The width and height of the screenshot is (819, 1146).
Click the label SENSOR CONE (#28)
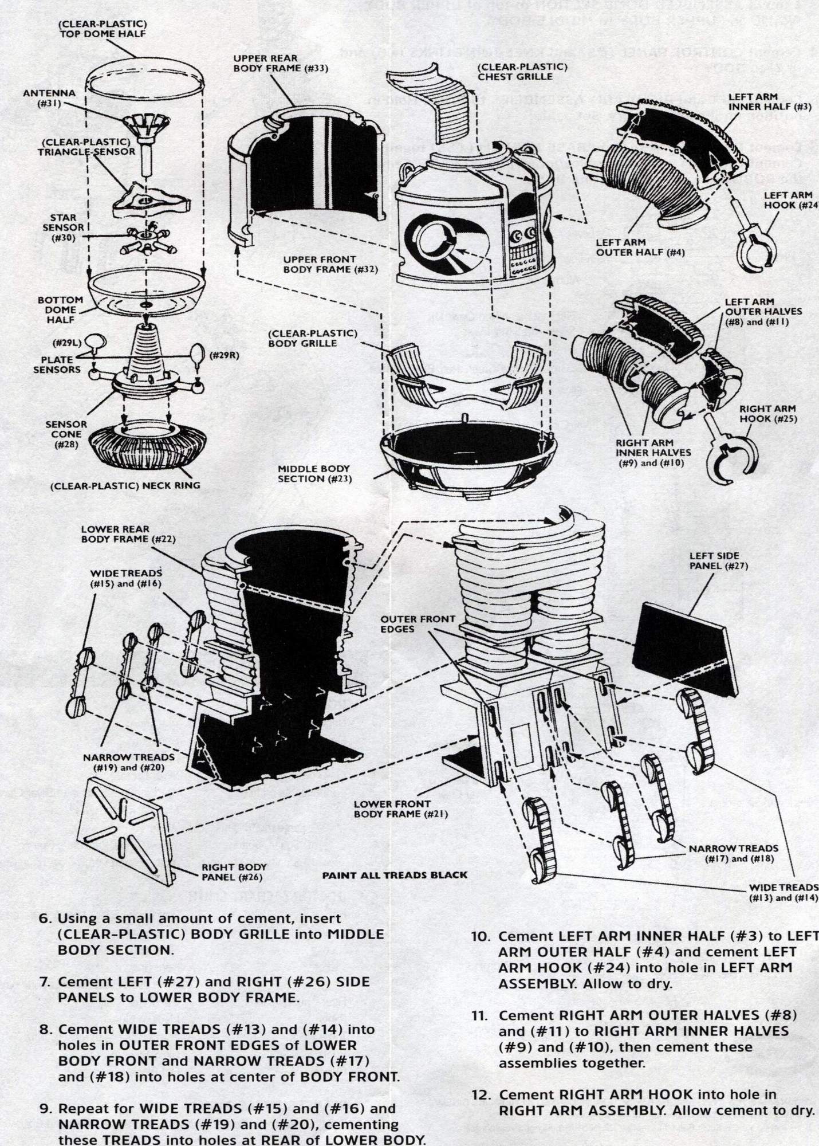point(67,434)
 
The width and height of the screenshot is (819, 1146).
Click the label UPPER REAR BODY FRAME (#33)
point(280,64)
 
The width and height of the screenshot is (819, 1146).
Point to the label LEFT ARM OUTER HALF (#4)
point(640,248)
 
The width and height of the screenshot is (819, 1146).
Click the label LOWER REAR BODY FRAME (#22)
point(128,535)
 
